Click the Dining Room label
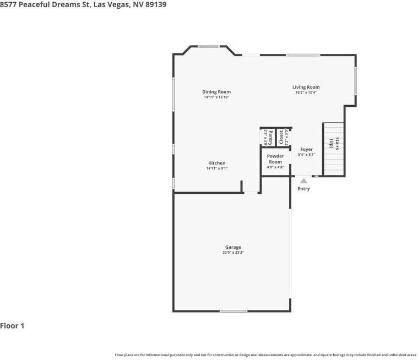click(216, 92)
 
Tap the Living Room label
click(306, 87)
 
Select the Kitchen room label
click(217, 163)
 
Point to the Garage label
click(234, 247)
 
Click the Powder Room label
click(275, 159)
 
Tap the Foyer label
click(307, 150)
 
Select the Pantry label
click(270, 138)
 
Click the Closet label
click(281, 137)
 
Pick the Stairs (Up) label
click(334, 143)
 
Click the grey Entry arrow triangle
click(303, 181)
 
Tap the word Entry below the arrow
click(303, 189)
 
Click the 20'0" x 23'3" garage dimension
click(234, 253)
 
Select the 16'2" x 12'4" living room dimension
click(306, 92)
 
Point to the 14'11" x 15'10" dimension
click(216, 97)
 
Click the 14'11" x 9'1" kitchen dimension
click(217, 168)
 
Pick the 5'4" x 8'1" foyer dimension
click(307, 155)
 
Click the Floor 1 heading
click(12, 326)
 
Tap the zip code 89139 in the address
click(156, 4)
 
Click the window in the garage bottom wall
click(234, 311)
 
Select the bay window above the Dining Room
click(209, 47)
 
